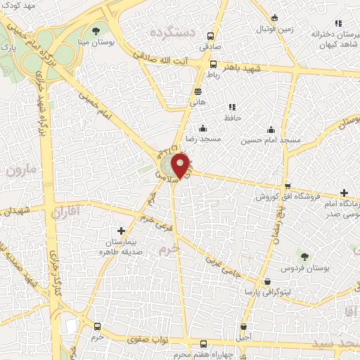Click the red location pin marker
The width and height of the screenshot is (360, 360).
click(x=181, y=166)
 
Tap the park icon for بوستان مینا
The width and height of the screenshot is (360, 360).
click(x=96, y=32)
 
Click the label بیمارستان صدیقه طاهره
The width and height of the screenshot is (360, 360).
click(x=120, y=246)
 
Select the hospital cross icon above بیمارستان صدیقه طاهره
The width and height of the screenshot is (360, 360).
click(x=121, y=231)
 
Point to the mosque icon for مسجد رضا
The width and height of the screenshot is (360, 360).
click(x=202, y=128)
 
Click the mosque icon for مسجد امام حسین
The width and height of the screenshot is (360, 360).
click(x=271, y=129)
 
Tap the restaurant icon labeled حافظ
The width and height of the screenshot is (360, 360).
click(x=231, y=107)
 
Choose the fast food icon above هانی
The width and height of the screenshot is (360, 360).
click(x=198, y=91)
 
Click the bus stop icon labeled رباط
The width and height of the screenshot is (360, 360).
click(x=213, y=64)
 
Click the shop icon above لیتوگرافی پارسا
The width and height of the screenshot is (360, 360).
click(x=266, y=281)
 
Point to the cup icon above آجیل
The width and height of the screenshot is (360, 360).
click(x=243, y=326)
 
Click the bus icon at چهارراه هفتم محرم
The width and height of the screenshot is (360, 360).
click(x=203, y=344)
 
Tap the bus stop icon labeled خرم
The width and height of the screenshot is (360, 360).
click(x=97, y=327)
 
